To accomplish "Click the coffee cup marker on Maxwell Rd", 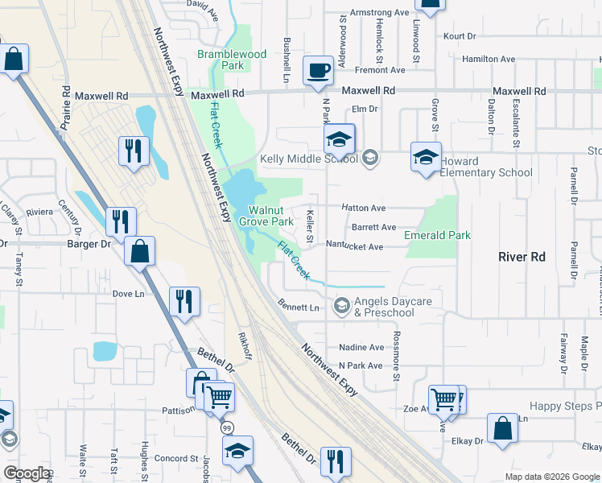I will (x=318, y=70).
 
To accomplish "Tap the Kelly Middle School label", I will (x=308, y=159).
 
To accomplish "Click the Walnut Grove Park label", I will (x=271, y=216).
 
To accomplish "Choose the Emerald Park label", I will (x=438, y=235).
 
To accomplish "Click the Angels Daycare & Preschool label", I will (x=394, y=307).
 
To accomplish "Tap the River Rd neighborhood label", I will (x=522, y=257).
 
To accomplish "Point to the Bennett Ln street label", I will (x=299, y=308).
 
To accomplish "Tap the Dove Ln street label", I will (x=128, y=294).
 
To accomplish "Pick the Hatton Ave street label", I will (x=364, y=208).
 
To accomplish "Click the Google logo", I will (x=27, y=473).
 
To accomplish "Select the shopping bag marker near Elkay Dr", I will (x=503, y=430).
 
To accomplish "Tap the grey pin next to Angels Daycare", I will (x=342, y=304).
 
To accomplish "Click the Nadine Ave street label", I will (x=361, y=347).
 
